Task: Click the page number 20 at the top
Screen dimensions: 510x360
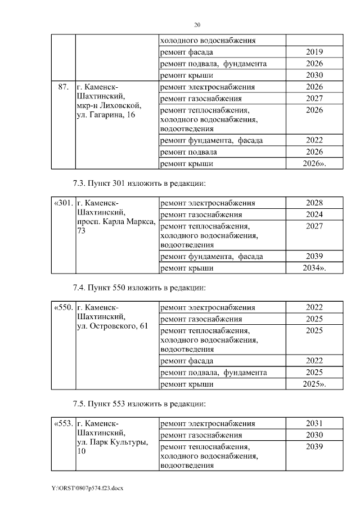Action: [197, 25]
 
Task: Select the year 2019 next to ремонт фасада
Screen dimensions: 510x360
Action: [314, 52]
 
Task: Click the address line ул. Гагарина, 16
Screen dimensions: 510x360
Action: [105, 115]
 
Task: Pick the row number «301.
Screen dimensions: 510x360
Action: [63, 203]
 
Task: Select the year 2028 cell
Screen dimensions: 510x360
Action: [314, 203]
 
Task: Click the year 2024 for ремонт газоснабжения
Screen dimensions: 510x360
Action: [314, 214]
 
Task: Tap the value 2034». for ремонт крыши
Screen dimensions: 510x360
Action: [314, 269]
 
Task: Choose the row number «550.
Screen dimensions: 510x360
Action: [63, 307]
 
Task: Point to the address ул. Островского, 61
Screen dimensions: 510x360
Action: [112, 327]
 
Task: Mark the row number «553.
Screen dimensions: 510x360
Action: [63, 423]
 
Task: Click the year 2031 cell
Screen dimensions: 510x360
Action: [314, 423]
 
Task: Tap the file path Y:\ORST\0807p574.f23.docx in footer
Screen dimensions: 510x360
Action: [87, 488]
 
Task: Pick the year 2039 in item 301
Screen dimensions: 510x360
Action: [314, 257]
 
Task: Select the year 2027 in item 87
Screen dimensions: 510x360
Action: [314, 99]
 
